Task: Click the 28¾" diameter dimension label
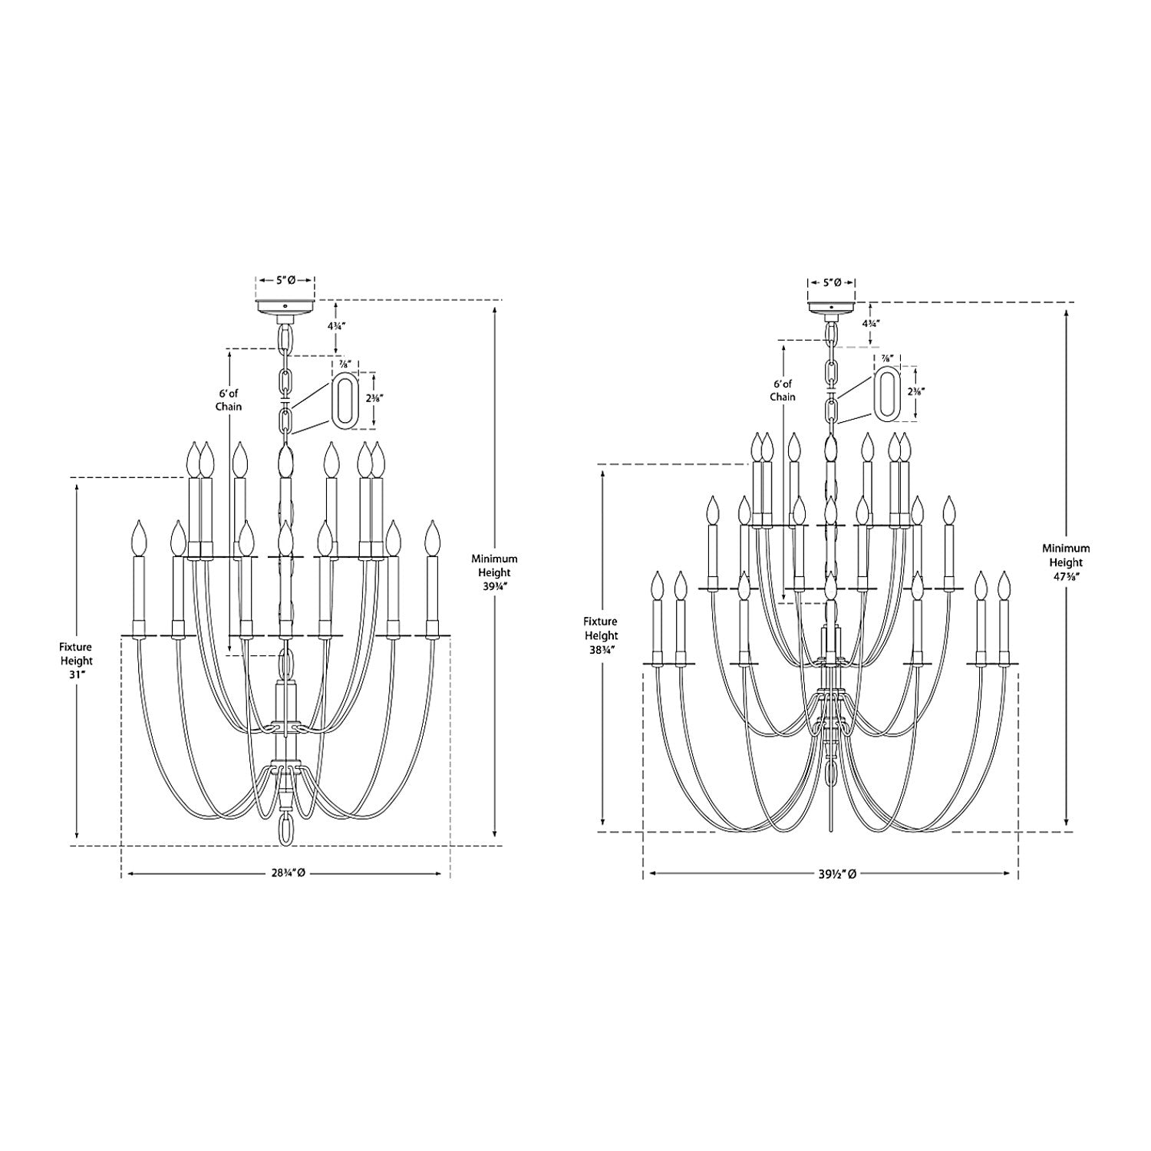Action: [x=285, y=873]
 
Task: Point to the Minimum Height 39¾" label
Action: [x=495, y=572]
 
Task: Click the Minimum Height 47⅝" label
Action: [x=1065, y=561]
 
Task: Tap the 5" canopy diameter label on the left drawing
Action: [x=285, y=280]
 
